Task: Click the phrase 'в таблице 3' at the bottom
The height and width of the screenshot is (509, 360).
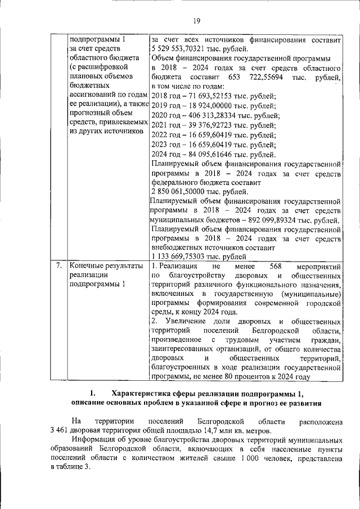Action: (x=69, y=469)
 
